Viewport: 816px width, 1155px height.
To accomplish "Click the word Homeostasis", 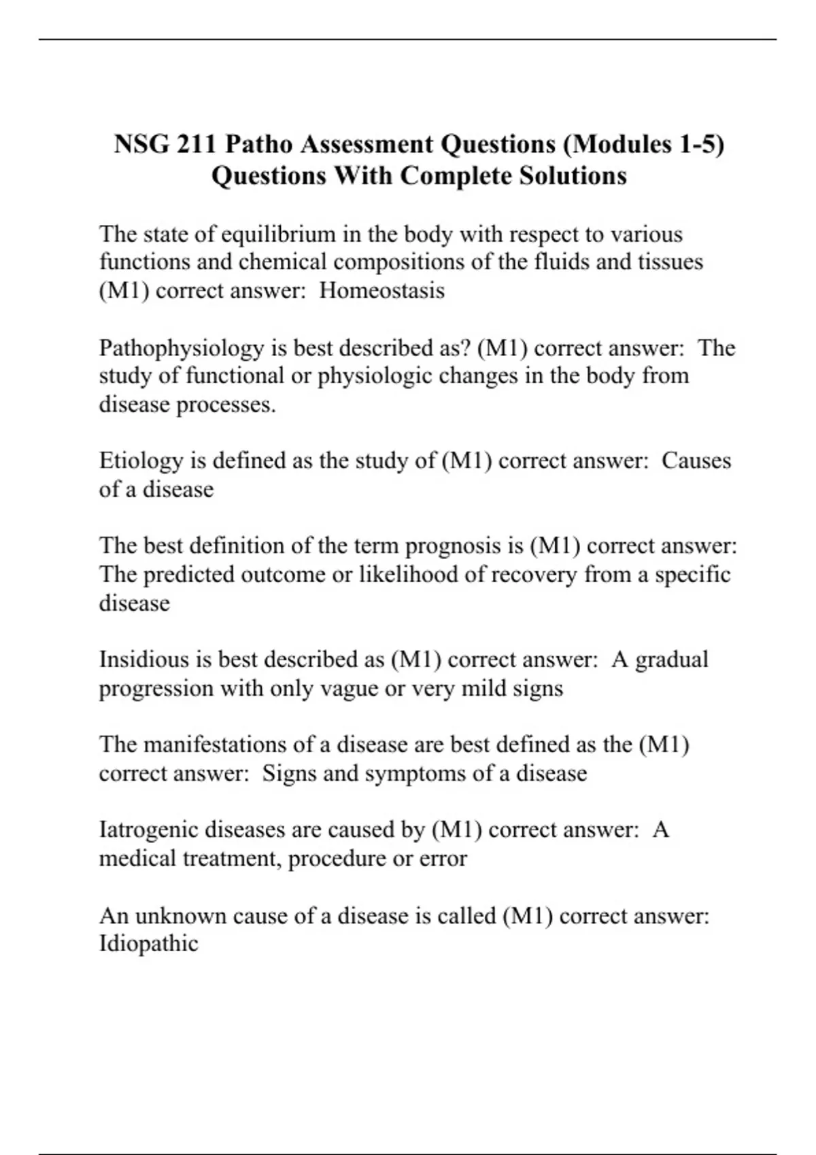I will pyautogui.click(x=381, y=291).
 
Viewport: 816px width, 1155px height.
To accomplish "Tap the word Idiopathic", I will pyautogui.click(x=148, y=944).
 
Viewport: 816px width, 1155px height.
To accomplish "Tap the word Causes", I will pyautogui.click(x=696, y=461).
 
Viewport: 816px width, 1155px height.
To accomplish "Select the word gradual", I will pyautogui.click(x=672, y=660).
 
